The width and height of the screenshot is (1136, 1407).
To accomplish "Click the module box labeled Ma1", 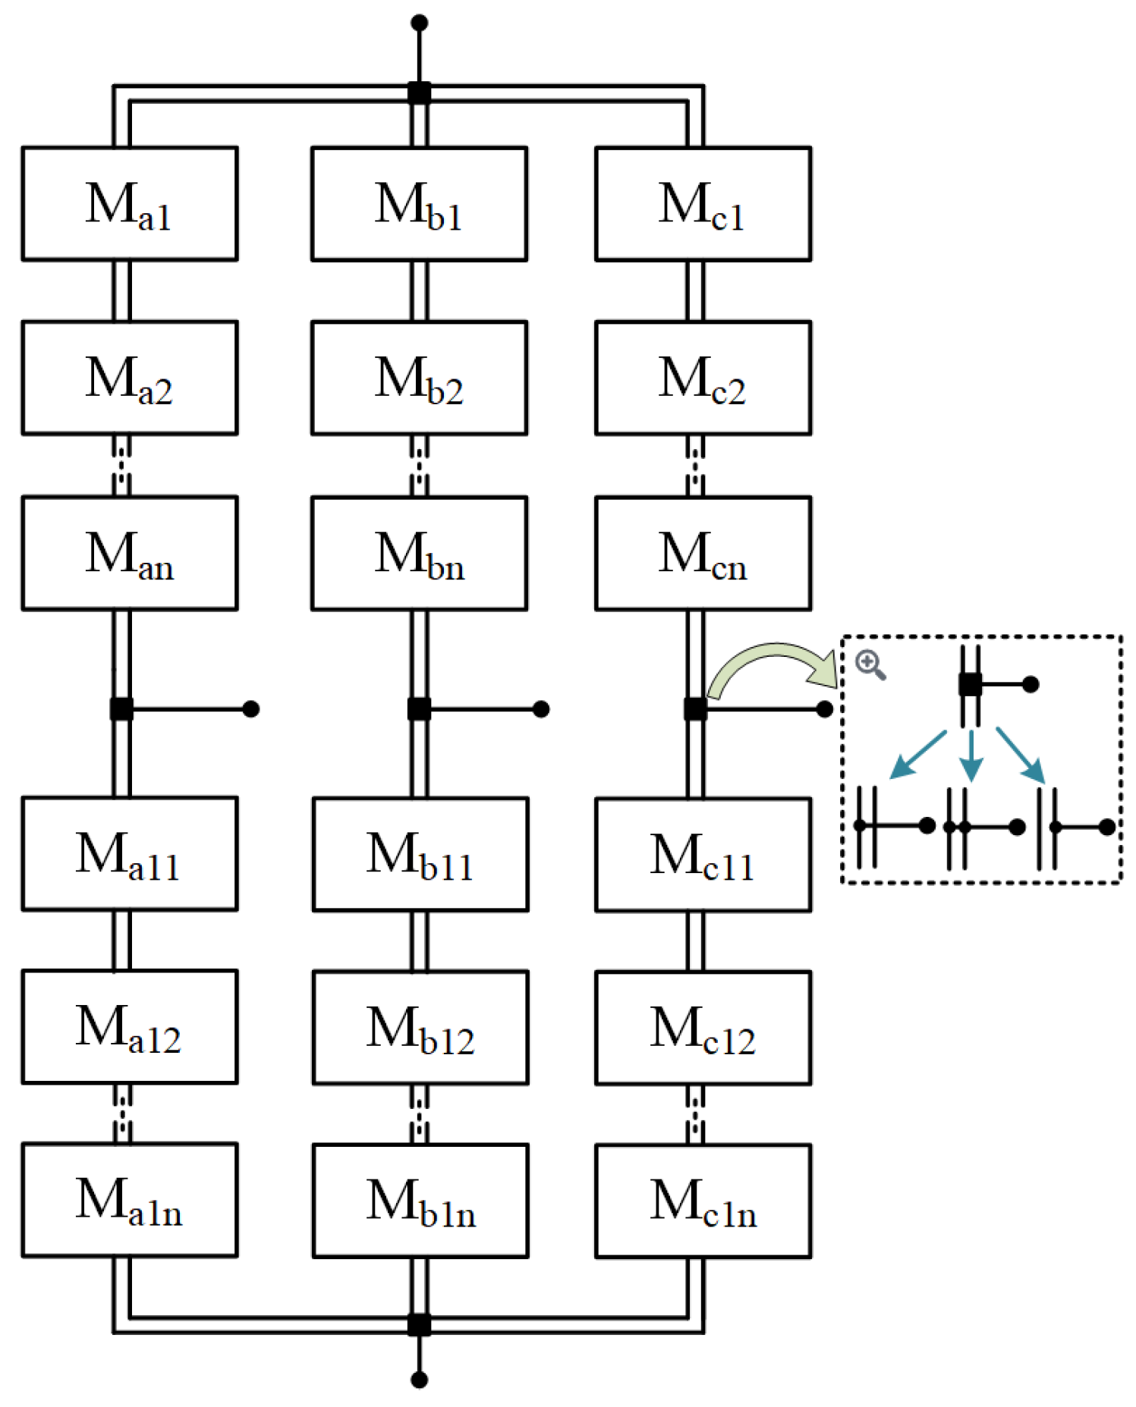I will [x=129, y=203].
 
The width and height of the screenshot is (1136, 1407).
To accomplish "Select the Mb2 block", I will [x=419, y=378].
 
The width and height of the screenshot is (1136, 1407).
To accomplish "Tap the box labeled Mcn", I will [x=703, y=553].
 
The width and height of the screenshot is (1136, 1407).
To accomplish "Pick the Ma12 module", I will [x=129, y=1026].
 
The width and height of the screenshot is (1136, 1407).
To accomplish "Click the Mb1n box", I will [x=420, y=1201].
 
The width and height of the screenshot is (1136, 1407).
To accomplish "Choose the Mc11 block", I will [x=703, y=854].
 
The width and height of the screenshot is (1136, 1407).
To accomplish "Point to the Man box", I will [x=129, y=553].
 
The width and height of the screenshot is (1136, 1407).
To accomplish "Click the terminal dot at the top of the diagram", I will [x=419, y=23].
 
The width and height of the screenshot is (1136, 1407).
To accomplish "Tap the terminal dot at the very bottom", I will [x=419, y=1380].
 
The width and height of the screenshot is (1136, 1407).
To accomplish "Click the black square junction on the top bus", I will [x=419, y=93].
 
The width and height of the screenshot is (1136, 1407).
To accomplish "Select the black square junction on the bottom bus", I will [x=419, y=1324].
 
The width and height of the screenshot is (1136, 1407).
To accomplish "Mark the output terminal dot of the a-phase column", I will [x=250, y=709].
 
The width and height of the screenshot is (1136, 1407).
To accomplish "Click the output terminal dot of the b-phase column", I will [x=540, y=709].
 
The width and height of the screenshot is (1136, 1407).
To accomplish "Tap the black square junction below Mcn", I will [x=695, y=709].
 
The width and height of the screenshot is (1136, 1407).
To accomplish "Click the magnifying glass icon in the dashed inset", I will [x=870, y=664].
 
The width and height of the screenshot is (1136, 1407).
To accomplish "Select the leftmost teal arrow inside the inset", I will [x=917, y=755].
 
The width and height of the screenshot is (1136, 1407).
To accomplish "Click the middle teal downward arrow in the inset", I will [x=971, y=756].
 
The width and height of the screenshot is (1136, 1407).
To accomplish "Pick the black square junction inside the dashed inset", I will [x=970, y=684].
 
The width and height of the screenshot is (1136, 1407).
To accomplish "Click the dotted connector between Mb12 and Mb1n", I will [x=420, y=1113].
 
